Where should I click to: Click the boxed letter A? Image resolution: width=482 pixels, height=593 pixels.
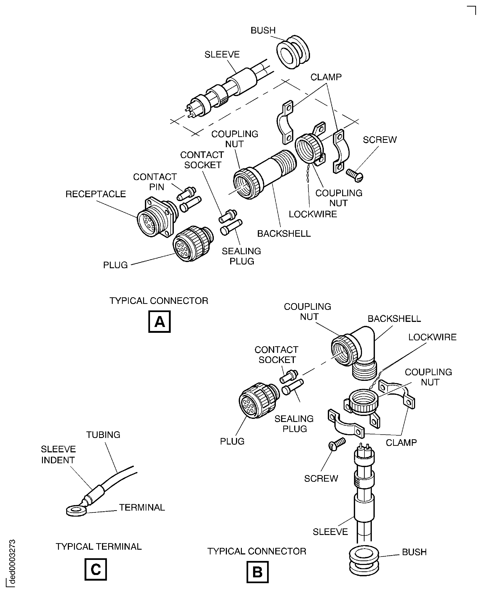click(159, 322)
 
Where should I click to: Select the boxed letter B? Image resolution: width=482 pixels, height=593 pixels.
click(257, 572)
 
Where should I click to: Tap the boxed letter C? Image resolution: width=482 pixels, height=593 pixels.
click(95, 569)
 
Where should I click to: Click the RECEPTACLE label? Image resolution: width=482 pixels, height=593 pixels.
click(95, 194)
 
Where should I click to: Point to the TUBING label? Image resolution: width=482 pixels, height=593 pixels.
click(103, 435)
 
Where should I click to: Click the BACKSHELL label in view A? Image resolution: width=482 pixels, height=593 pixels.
click(284, 233)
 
